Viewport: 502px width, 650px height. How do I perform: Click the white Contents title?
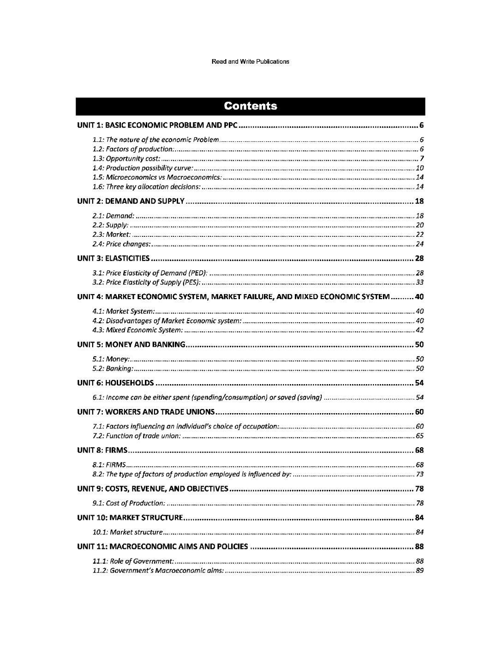251,106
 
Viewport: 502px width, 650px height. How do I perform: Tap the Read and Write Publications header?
250,61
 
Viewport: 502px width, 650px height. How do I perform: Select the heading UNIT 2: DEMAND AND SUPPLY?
131,201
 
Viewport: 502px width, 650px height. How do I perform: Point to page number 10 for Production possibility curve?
419,168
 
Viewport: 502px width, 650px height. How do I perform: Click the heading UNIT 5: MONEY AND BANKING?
131,344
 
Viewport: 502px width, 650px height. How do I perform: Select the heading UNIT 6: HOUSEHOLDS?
115,383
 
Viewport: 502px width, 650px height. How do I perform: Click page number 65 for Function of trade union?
419,436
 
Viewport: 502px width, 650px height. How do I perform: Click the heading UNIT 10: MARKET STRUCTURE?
131,518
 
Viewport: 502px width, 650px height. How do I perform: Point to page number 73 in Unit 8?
419,474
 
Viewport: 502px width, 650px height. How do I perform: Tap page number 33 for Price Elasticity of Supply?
419,283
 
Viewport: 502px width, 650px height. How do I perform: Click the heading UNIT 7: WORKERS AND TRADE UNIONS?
146,412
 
